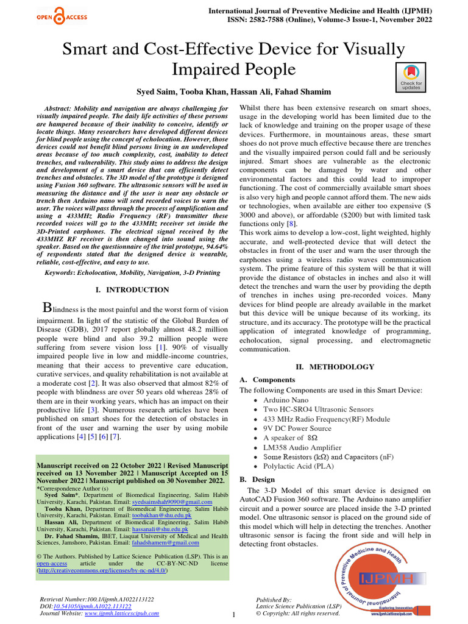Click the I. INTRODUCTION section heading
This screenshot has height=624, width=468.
(133, 289)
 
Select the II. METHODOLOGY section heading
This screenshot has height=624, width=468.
(335, 367)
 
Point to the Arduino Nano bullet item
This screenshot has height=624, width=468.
(286, 400)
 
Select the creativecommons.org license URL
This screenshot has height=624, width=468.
(102, 570)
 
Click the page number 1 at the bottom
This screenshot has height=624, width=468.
(233, 615)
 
